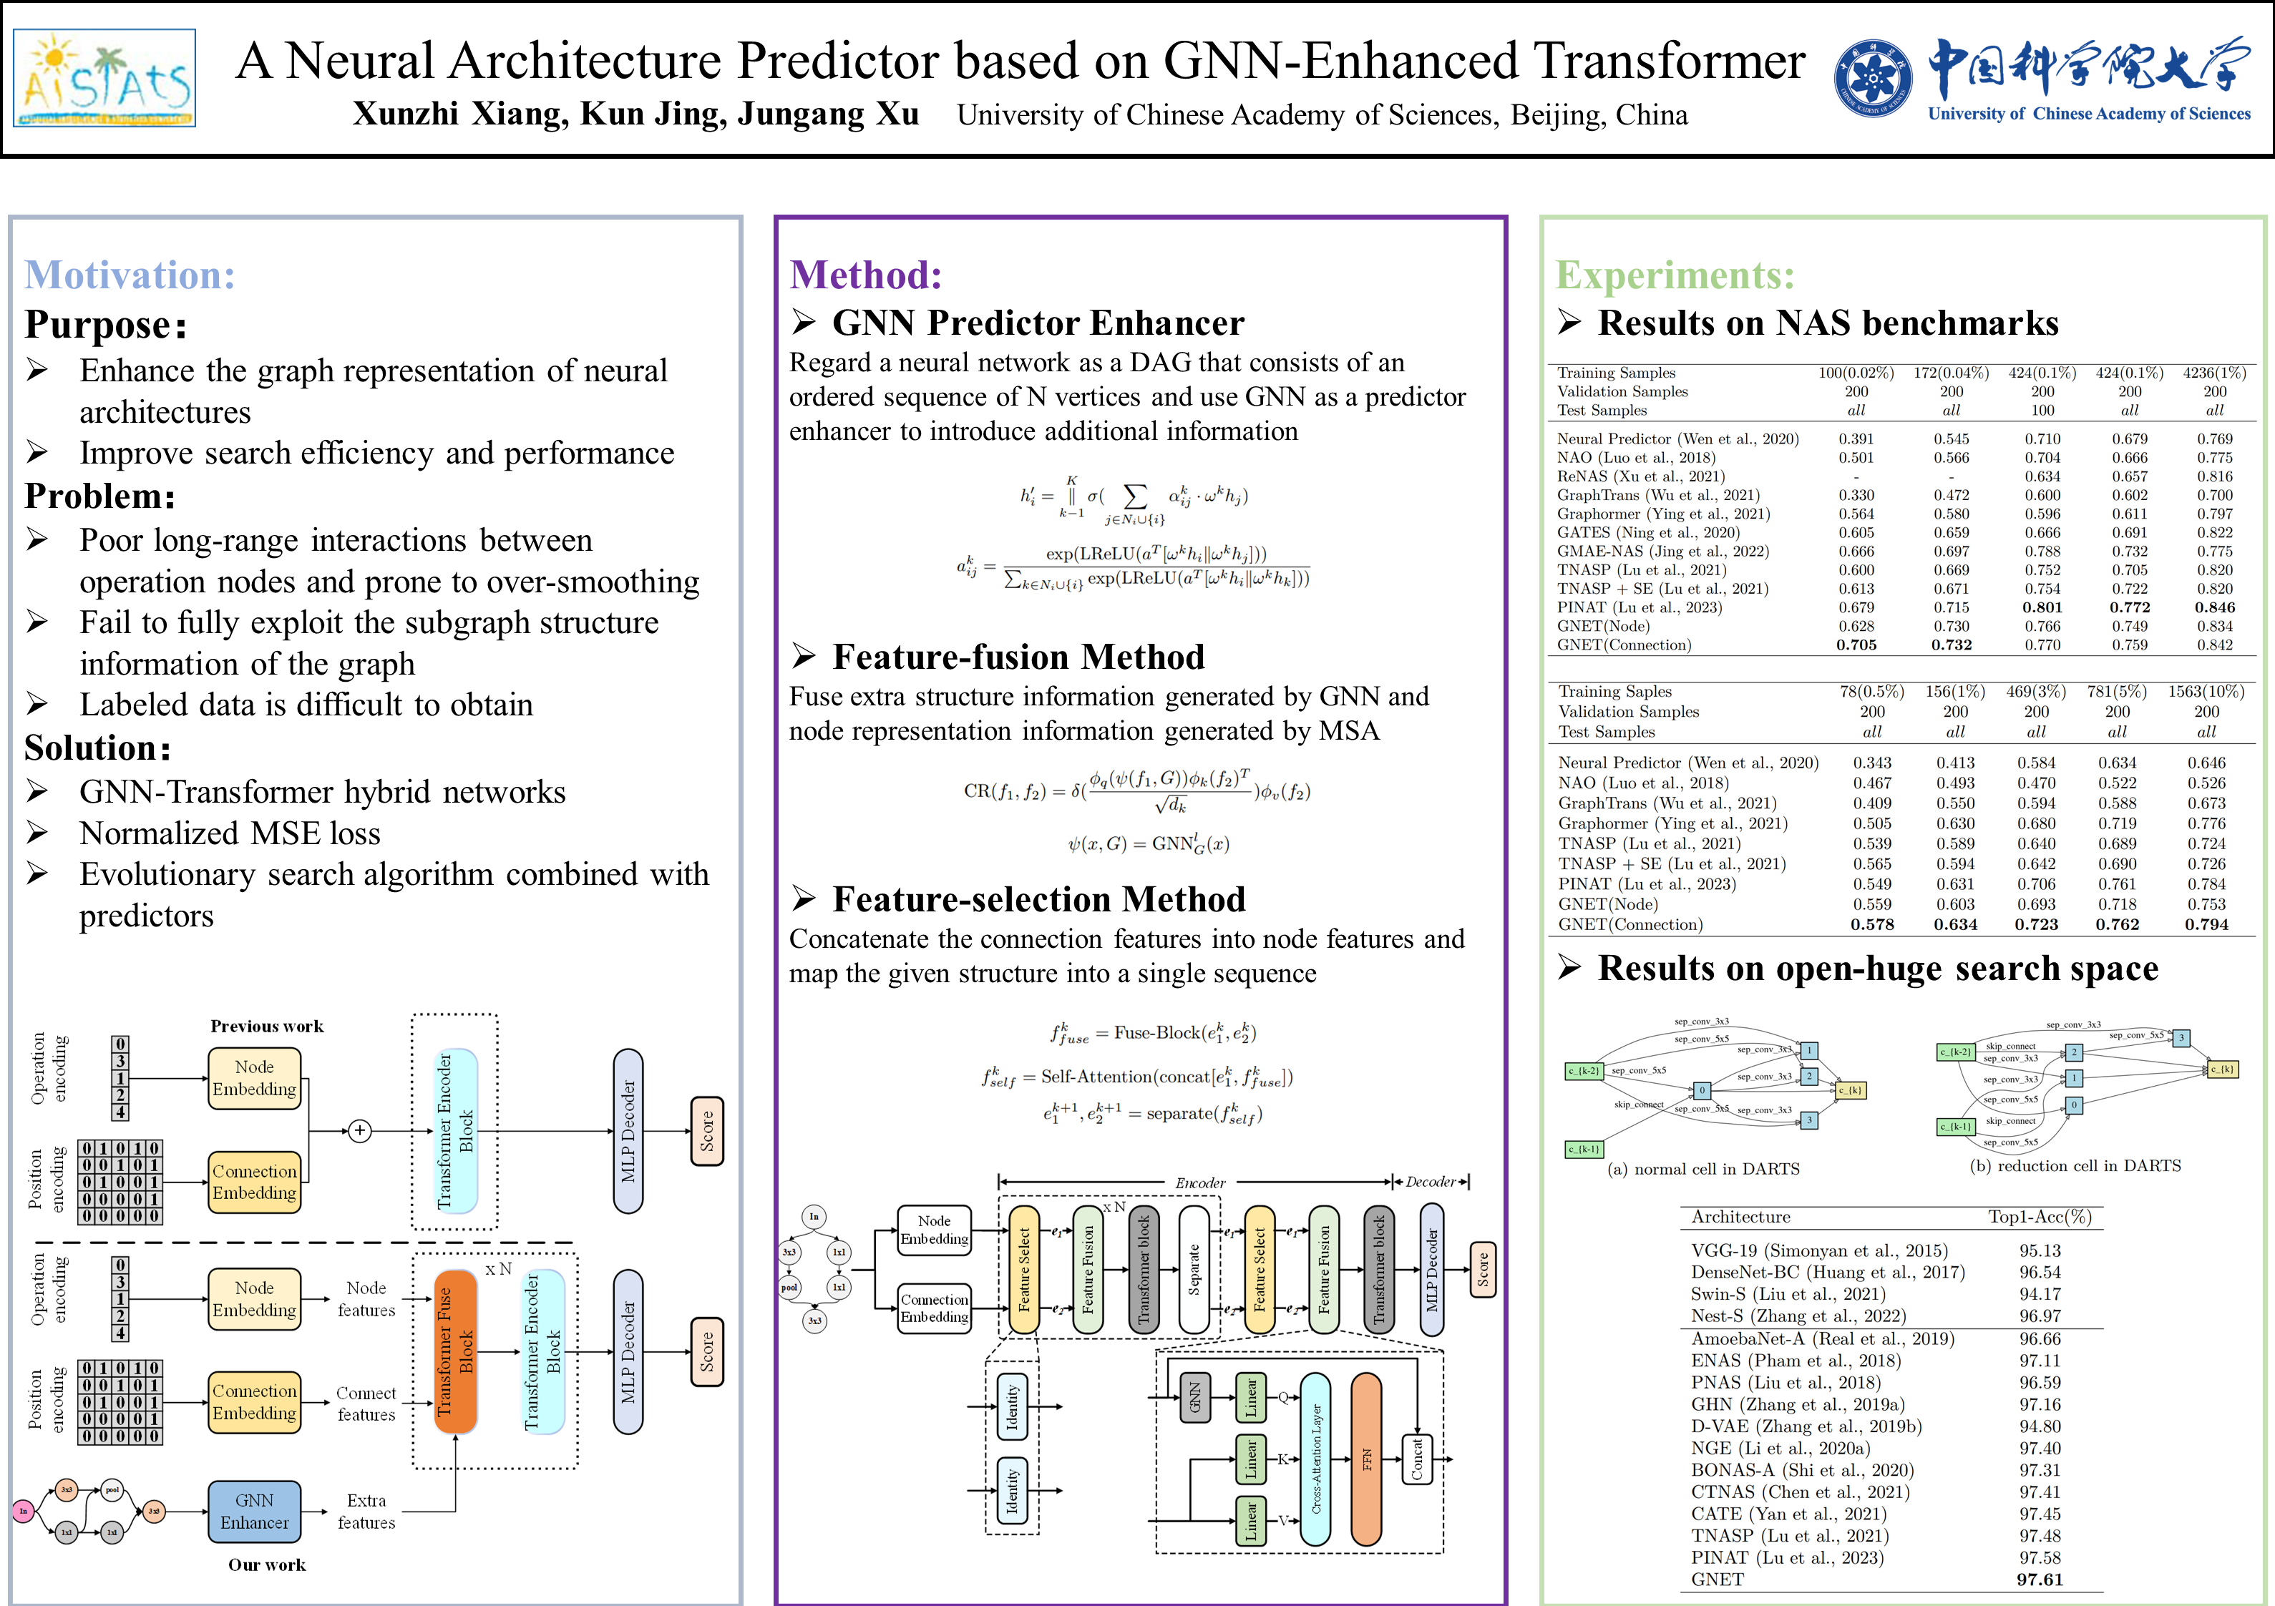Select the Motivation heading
[130, 275]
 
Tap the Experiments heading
[1675, 275]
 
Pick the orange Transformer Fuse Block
[456, 1351]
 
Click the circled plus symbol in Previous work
[360, 1130]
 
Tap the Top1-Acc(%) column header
[2039, 1217]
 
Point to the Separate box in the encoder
[1194, 1269]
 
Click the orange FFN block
[1366, 1459]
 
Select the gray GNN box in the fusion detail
[1195, 1398]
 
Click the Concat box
[1417, 1459]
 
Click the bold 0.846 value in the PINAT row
[2215, 607]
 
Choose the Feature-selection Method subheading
[1038, 899]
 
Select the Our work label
[266, 1565]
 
